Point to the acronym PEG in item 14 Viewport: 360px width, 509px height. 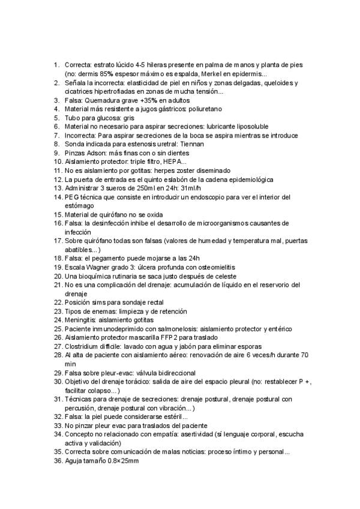click(73, 197)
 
